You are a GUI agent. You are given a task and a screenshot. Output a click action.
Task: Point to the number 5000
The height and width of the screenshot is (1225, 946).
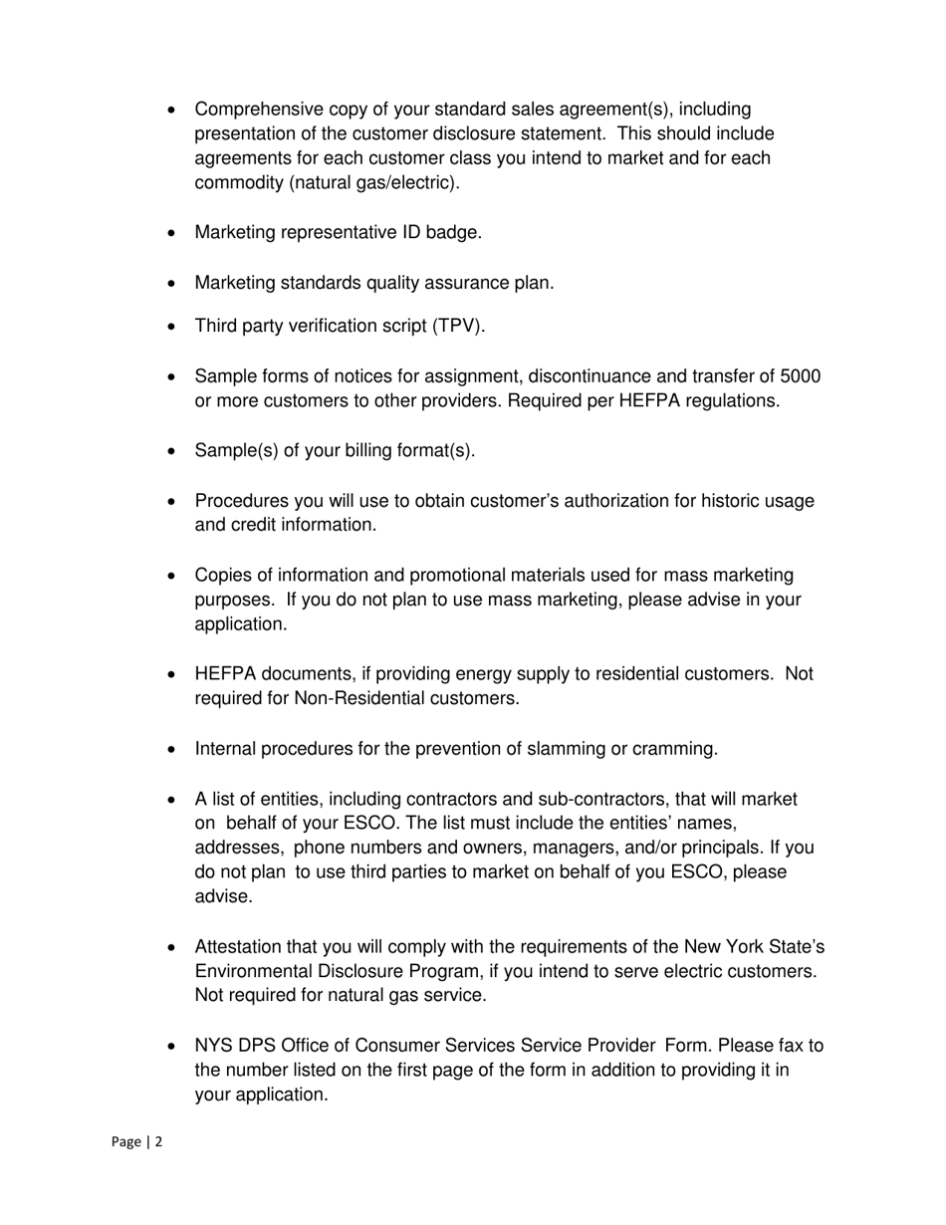(801, 376)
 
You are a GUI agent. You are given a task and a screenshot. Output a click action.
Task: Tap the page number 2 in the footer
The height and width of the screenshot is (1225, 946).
(157, 1142)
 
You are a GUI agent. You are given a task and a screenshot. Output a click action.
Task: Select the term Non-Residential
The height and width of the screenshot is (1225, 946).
(359, 699)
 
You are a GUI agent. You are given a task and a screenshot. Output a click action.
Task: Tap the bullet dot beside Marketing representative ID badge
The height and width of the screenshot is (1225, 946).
(173, 233)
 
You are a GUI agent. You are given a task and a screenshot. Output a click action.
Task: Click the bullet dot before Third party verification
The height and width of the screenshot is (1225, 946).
(173, 327)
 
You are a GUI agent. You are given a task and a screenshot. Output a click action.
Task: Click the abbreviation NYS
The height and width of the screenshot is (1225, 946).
(213, 1046)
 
